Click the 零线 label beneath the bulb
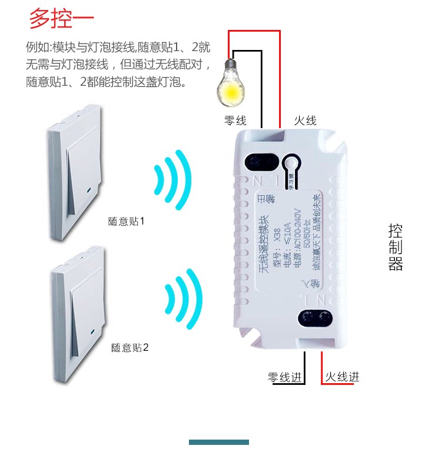[x=235, y=120]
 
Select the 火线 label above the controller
[x=306, y=120]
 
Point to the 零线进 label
[x=285, y=377]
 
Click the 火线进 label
[x=341, y=377]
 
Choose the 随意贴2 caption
[x=130, y=347]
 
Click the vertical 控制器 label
[x=396, y=247]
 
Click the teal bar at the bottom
[x=219, y=442]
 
